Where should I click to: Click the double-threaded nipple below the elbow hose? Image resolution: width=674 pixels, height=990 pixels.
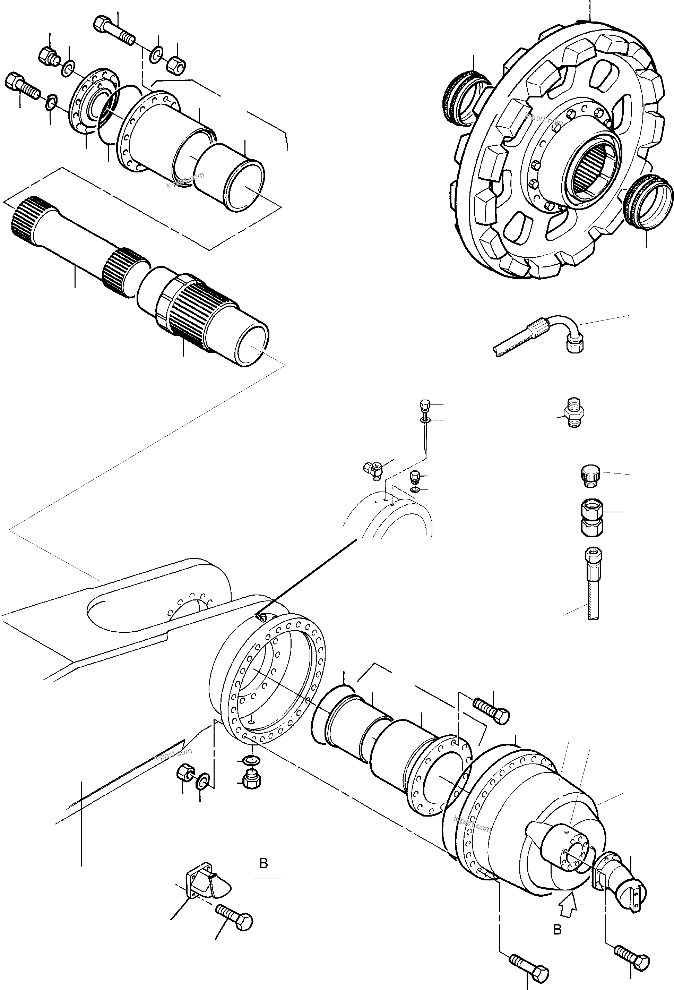(573, 412)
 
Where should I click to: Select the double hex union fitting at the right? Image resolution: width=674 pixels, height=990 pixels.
(592, 517)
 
